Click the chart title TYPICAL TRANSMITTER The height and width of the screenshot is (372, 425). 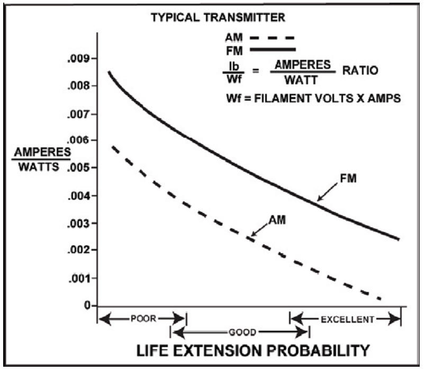(x=218, y=17)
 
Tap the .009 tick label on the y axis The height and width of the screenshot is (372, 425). (x=78, y=58)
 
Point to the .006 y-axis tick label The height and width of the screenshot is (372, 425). (x=78, y=140)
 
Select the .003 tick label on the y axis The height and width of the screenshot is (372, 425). (x=78, y=223)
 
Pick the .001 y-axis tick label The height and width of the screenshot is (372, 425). (x=78, y=278)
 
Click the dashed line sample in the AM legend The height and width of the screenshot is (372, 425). (x=272, y=38)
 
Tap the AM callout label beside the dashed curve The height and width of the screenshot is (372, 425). (x=277, y=219)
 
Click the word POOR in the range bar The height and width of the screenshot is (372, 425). (x=141, y=318)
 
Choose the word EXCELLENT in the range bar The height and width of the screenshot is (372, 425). (x=347, y=318)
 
